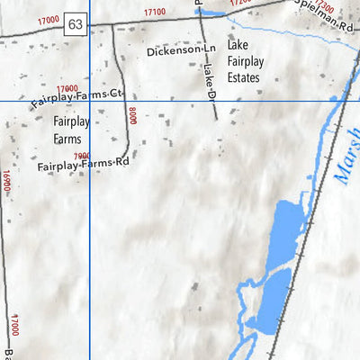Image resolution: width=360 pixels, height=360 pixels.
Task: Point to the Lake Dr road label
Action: click(211, 80)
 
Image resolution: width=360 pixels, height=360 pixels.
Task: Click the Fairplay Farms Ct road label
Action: click(76, 98)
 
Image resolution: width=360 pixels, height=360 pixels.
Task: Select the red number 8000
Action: click(132, 115)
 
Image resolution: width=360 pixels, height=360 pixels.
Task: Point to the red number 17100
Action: click(154, 12)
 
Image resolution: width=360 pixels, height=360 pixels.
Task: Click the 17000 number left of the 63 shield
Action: click(48, 18)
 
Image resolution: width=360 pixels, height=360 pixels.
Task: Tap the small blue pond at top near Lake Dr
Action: click(212, 12)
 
